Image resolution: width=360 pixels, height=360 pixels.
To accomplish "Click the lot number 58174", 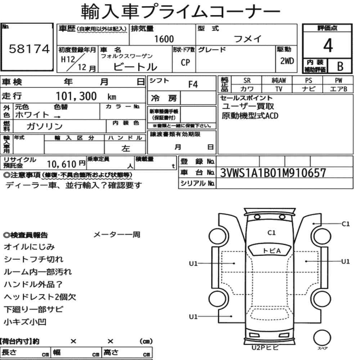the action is click(x=29, y=49).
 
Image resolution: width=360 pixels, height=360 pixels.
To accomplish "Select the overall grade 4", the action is click(x=328, y=45).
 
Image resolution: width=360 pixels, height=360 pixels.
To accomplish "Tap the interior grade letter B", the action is click(x=340, y=66).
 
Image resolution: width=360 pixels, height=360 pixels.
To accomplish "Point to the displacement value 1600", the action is click(x=164, y=39).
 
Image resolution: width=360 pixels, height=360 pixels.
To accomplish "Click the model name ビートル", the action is click(x=135, y=67).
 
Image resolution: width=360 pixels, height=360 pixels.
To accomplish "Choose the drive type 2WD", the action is click(x=287, y=61).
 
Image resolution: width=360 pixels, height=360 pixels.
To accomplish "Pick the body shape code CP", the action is click(x=185, y=62).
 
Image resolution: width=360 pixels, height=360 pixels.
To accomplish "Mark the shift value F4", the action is click(x=193, y=85).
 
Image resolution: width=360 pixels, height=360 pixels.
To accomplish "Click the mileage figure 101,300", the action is click(x=76, y=96).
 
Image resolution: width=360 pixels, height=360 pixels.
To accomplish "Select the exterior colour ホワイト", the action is click(x=32, y=114).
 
